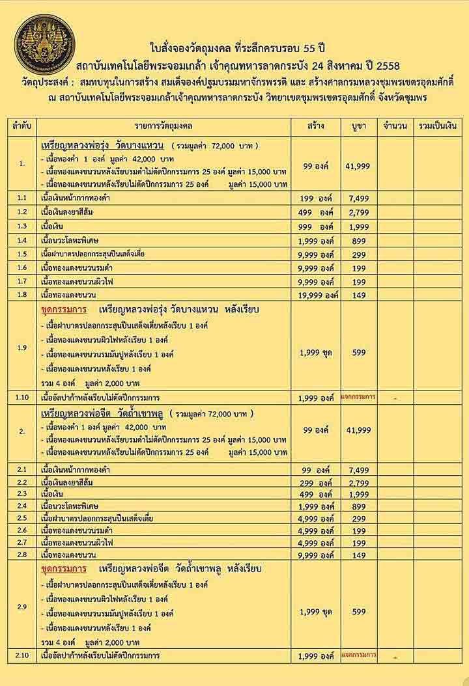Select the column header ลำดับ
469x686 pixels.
(22, 125)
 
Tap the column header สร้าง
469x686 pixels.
(317, 125)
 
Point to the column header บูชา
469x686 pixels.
(358, 125)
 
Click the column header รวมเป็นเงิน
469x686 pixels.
(438, 125)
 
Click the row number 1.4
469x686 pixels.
(22, 241)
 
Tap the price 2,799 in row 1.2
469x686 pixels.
(358, 213)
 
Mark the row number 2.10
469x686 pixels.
(22, 655)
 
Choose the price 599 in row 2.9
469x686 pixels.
(358, 612)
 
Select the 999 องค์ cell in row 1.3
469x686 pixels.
(317, 226)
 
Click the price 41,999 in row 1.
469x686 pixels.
(358, 167)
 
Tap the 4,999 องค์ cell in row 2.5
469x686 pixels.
(317, 519)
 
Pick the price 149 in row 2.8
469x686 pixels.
(358, 555)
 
